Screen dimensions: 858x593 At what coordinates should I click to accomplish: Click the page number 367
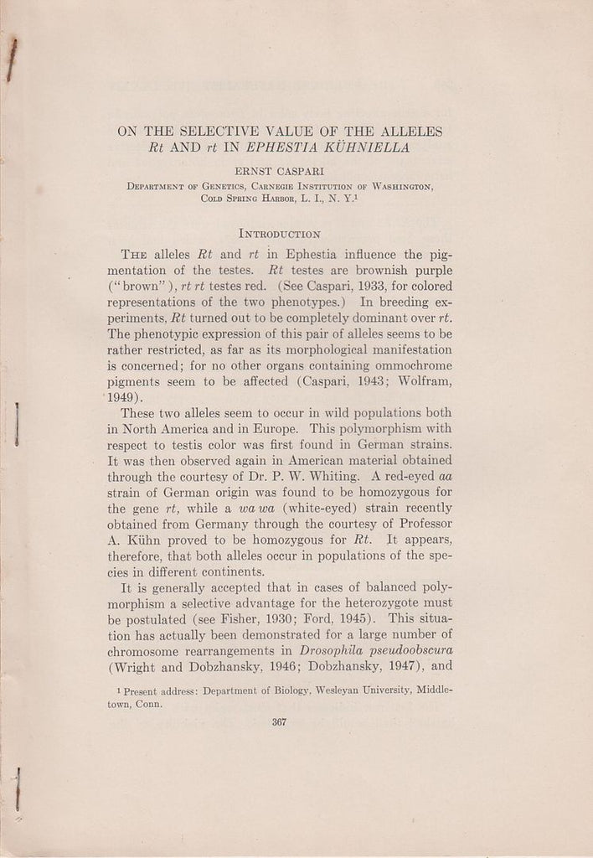point(281,726)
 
